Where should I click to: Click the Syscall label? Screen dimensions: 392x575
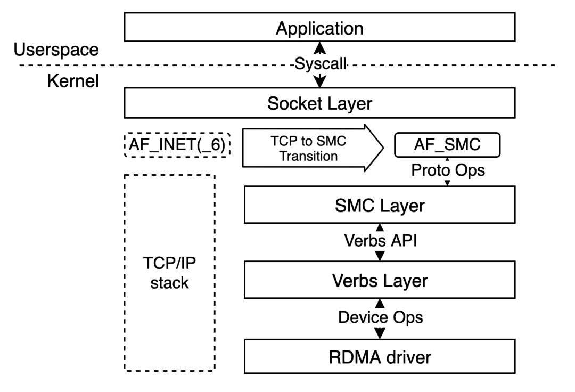[x=320, y=64]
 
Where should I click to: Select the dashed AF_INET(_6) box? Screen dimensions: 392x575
[x=178, y=145]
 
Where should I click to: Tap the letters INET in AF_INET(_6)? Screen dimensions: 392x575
[x=175, y=145]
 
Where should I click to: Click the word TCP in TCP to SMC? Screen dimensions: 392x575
[x=283, y=141]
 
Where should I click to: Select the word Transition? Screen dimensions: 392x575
[x=309, y=157]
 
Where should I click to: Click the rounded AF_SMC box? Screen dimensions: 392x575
[x=447, y=145]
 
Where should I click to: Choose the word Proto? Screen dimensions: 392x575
[x=429, y=170]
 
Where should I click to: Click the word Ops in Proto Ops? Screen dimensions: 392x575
[x=469, y=170]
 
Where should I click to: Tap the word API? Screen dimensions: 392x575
[x=404, y=241]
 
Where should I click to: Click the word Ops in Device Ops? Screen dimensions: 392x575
[x=408, y=317]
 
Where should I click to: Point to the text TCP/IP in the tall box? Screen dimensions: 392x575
[x=169, y=263]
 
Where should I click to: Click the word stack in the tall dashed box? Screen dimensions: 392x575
[x=169, y=283]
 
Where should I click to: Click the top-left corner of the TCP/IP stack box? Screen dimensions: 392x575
[x=126, y=176]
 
